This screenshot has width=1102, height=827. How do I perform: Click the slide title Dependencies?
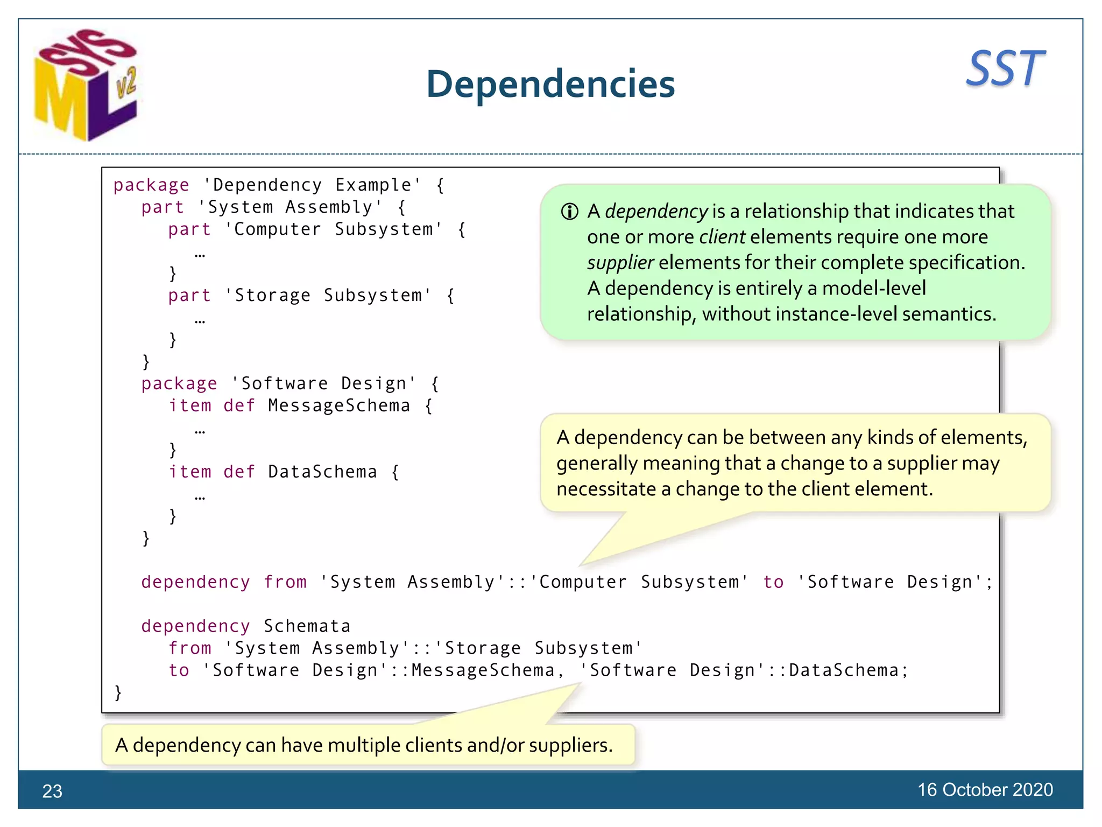(550, 85)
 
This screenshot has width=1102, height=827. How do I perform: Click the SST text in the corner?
(1005, 69)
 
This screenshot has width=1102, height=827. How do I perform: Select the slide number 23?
(52, 791)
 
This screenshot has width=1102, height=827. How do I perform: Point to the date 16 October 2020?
(985, 789)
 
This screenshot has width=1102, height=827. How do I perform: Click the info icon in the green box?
(569, 212)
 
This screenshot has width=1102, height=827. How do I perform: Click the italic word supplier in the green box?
(620, 263)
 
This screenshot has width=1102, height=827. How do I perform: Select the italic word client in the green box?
(722, 237)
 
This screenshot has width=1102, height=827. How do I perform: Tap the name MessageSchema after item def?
(339, 405)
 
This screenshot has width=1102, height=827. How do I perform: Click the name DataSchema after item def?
(322, 472)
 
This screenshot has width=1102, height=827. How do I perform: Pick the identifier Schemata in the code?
(307, 626)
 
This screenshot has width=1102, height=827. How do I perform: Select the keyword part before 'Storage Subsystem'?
(189, 295)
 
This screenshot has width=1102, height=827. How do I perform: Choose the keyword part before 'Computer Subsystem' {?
(189, 229)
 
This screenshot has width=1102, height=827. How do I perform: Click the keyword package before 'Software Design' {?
(179, 383)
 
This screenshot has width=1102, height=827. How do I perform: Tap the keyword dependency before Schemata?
(195, 626)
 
